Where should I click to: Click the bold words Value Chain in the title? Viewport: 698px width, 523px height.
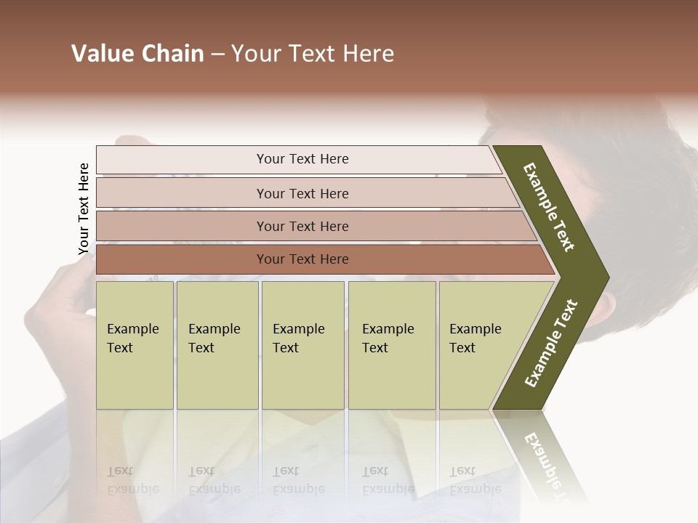(x=137, y=54)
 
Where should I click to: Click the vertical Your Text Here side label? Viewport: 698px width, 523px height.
(x=84, y=208)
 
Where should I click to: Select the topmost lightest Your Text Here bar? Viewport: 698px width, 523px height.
(x=302, y=159)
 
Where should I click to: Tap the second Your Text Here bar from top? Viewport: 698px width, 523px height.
(x=302, y=193)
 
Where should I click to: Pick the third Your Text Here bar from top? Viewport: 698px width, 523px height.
(x=302, y=226)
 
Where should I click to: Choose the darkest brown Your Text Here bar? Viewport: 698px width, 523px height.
(x=302, y=259)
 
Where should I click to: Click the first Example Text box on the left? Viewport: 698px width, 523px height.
(x=135, y=345)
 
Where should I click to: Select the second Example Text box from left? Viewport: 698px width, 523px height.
(x=217, y=345)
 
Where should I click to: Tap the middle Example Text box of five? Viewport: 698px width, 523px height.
(x=302, y=345)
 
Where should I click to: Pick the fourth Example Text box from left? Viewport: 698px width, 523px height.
(x=391, y=345)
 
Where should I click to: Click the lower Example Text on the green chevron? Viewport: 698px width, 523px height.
(x=551, y=343)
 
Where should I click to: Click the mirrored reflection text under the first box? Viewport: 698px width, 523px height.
(x=132, y=480)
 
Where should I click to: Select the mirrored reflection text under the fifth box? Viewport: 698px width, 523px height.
(x=475, y=480)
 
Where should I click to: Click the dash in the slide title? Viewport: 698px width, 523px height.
(x=217, y=54)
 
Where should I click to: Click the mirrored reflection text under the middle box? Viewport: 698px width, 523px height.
(x=298, y=480)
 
